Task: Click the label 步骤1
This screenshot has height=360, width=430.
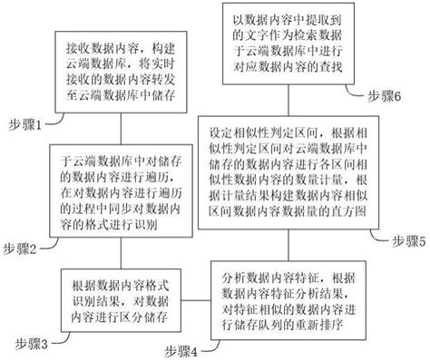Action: (x=29, y=124)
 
